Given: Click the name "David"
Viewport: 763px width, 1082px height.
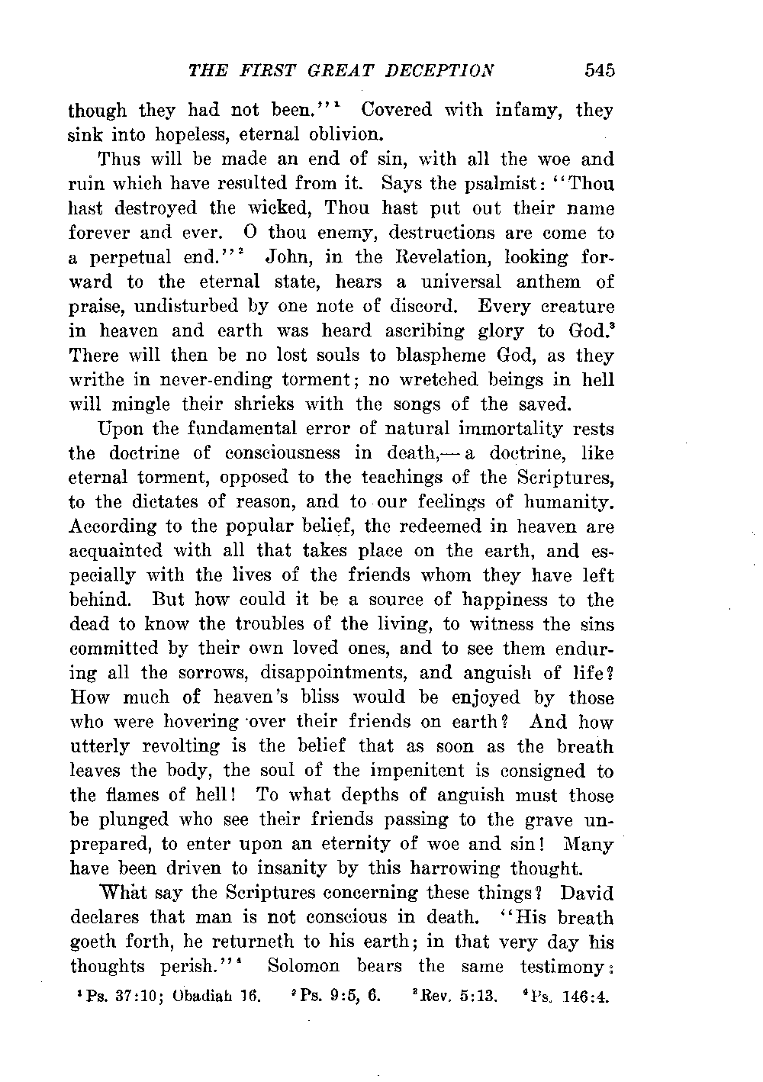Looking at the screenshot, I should click(x=588, y=893).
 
